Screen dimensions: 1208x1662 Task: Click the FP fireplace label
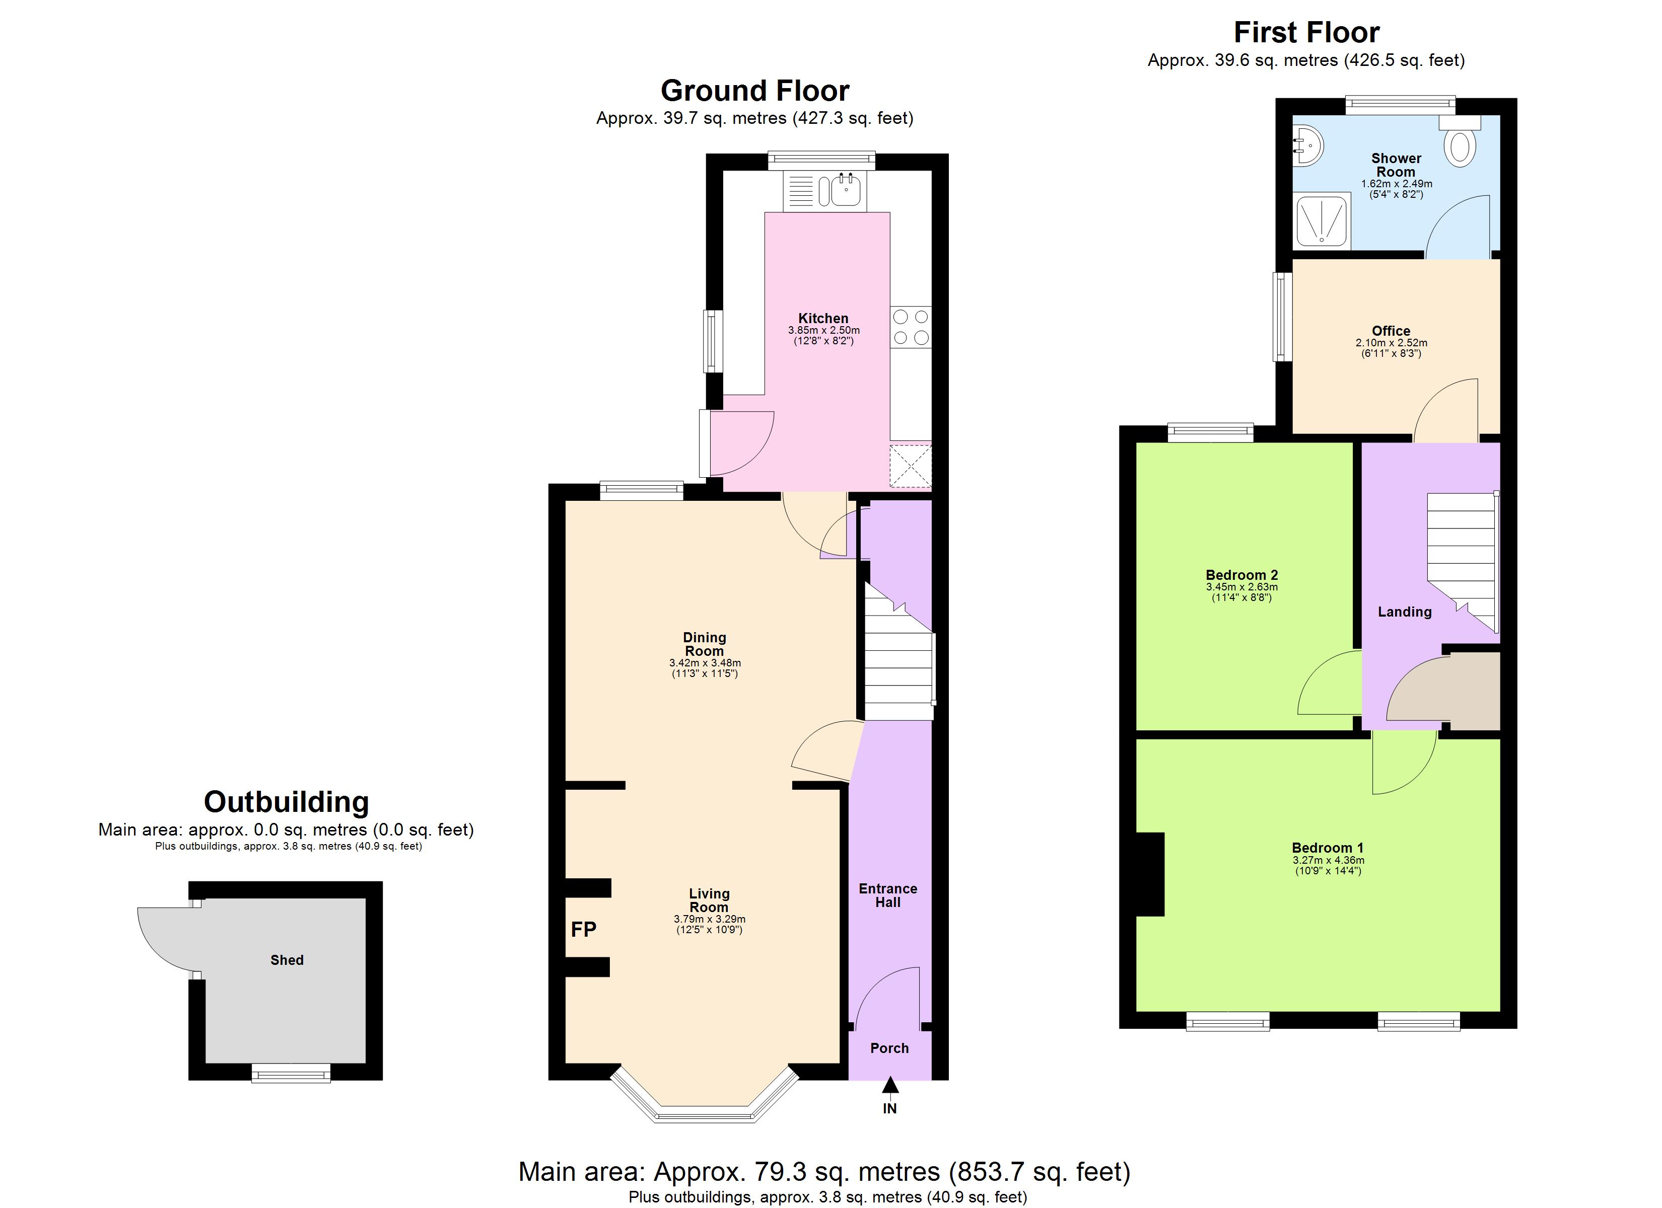coord(583,930)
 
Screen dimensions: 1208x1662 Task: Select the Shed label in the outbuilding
coord(287,960)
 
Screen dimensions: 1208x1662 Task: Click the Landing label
coord(1404,612)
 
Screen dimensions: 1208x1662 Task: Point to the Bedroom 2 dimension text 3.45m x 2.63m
coord(1241,587)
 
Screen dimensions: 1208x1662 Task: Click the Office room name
coord(1390,330)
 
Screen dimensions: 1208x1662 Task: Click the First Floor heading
coord(1306,33)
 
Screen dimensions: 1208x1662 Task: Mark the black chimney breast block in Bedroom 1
coord(1149,874)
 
